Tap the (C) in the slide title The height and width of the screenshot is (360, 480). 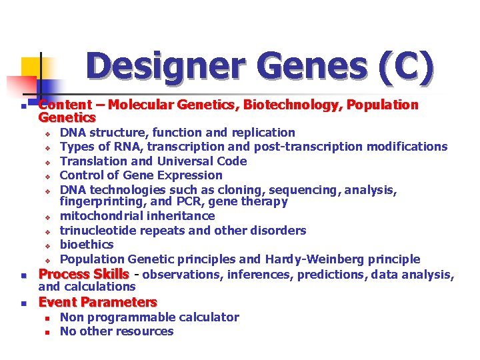pyautogui.click(x=406, y=67)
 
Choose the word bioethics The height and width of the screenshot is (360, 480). pyautogui.click(x=87, y=245)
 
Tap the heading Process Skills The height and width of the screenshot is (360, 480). pyautogui.click(x=83, y=274)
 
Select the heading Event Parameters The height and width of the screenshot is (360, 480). pyautogui.click(x=98, y=302)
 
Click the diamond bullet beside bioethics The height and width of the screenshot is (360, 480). pyautogui.click(x=48, y=245)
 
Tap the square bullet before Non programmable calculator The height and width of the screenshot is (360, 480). pyautogui.click(x=48, y=318)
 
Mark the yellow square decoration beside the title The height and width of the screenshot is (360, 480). pyautogui.click(x=32, y=68)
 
